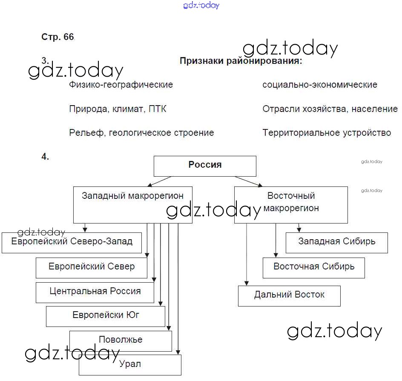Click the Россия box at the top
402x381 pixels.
click(205, 166)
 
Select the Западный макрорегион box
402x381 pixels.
click(132, 204)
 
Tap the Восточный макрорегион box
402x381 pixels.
click(291, 204)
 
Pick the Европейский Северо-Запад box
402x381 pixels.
click(72, 242)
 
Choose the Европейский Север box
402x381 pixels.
click(92, 267)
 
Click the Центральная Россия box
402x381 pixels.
click(95, 292)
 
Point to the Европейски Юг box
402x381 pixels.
click(106, 316)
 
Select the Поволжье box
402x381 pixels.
click(121, 340)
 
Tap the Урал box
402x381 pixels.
click(130, 364)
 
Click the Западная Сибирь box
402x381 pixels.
click(336, 242)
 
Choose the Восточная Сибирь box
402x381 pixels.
click(313, 267)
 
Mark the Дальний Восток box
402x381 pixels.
click(289, 295)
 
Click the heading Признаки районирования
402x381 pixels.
click(241, 61)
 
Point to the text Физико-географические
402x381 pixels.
click(121, 85)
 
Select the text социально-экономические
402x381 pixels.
click(320, 85)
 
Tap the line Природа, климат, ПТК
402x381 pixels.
click(118, 109)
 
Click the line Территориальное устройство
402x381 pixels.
click(327, 133)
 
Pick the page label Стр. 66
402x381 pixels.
click(57, 37)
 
